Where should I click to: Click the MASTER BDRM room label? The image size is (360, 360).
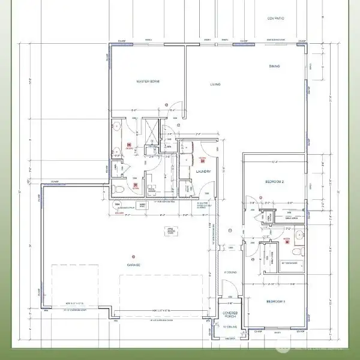point(146,81)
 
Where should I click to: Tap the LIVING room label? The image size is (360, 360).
point(215,85)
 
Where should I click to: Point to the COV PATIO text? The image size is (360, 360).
point(275,19)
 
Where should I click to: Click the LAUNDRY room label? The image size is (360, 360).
point(202,172)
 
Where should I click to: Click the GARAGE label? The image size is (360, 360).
point(133,265)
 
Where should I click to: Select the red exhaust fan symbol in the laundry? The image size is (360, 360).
point(202,160)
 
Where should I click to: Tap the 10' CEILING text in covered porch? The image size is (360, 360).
point(229,328)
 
